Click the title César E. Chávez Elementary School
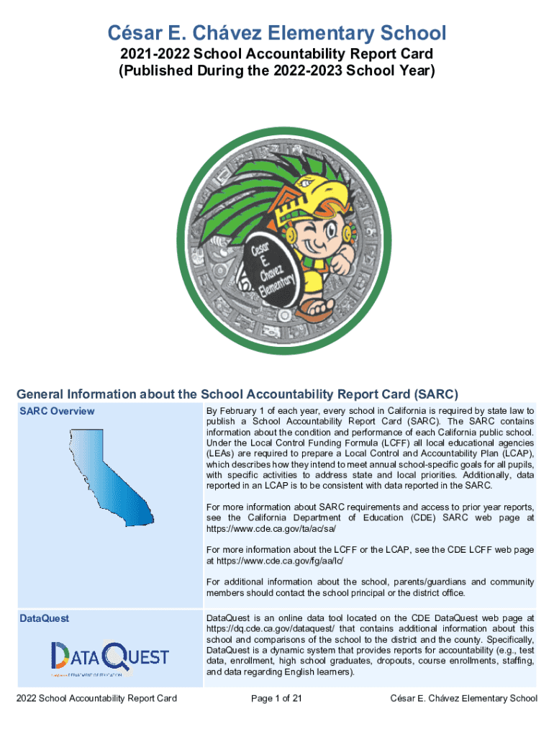point(277,33)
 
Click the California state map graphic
point(111,476)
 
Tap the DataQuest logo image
point(110,658)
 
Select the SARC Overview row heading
point(57,411)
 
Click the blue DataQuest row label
point(44,618)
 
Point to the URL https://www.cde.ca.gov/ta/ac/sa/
point(271,528)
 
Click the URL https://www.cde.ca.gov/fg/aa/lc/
point(280,561)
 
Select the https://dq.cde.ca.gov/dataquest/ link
point(271,629)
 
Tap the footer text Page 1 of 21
point(276,698)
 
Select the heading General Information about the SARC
point(237,394)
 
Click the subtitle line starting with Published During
point(277,71)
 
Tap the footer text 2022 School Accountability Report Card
point(97,698)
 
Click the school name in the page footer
point(464,698)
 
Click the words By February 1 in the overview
point(235,411)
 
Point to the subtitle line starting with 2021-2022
point(277,53)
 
